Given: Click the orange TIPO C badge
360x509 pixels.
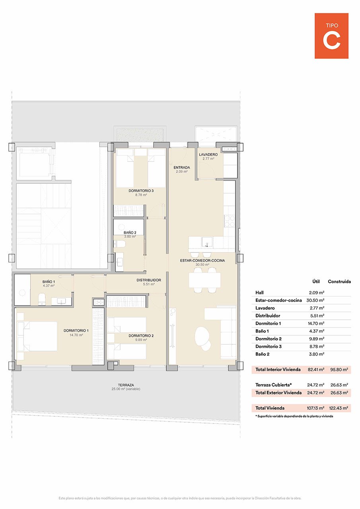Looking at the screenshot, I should (x=331, y=36).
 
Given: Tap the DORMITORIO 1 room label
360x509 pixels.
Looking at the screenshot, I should (x=76, y=330).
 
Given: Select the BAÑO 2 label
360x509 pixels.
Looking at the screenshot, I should (x=130, y=233).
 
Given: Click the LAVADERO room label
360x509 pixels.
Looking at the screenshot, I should (x=208, y=154).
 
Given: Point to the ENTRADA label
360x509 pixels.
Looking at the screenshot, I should (x=181, y=167).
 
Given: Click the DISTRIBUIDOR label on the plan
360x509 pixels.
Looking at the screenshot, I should (x=149, y=280).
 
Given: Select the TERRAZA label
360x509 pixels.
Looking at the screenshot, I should (x=126, y=385).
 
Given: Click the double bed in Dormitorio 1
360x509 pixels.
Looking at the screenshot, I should (x=38, y=336).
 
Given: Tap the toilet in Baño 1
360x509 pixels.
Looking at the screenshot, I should (x=42, y=299).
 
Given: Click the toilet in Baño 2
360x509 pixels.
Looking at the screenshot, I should (x=120, y=244).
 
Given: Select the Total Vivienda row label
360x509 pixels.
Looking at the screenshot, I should (x=270, y=408).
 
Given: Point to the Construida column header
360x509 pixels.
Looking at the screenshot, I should (x=339, y=282).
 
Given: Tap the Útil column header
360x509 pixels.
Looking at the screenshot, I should (x=316, y=282).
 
